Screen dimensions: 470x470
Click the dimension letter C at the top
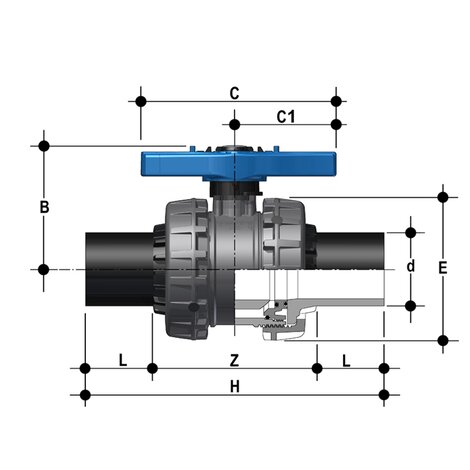[x=234, y=93]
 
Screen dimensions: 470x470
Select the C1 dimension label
[x=286, y=117]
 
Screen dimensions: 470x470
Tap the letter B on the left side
[x=44, y=208]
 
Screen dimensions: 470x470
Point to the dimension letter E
[x=442, y=267]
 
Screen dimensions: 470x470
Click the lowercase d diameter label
[x=410, y=268]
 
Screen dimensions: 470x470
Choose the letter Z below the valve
[x=234, y=359]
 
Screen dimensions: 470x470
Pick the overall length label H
[x=234, y=386]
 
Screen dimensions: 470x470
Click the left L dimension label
[x=122, y=359]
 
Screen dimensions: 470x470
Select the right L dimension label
[x=347, y=359]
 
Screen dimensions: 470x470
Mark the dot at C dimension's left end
[x=140, y=101]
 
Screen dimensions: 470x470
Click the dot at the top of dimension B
[x=44, y=146]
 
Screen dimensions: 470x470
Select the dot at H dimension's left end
[x=85, y=395]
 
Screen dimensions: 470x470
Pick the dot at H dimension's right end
[x=385, y=395]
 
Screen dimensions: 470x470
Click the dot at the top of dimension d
[x=410, y=233]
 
